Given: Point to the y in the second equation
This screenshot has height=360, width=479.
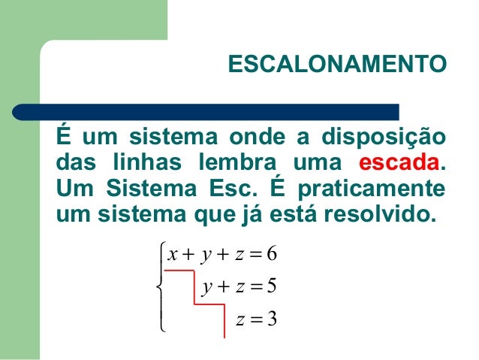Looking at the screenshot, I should [205, 287].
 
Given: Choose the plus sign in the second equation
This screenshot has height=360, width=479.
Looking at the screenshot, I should [221, 287].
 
